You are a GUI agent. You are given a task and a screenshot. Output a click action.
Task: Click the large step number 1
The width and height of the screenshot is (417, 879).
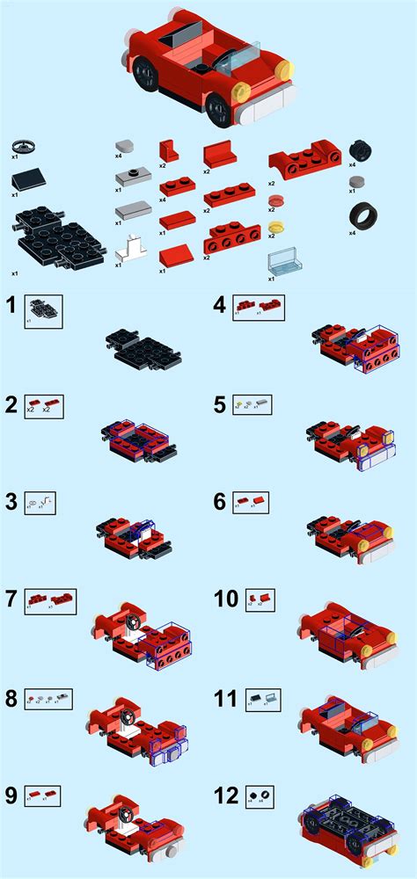[x=11, y=306]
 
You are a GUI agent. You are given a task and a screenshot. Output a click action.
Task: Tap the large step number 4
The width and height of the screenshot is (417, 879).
[x=221, y=306]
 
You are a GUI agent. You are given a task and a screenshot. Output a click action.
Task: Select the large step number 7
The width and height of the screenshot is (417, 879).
[x=11, y=600]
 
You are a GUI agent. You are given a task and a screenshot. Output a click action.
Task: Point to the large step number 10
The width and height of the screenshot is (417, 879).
[x=226, y=599]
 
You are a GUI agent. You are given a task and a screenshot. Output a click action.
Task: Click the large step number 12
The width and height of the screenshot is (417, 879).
[x=226, y=796]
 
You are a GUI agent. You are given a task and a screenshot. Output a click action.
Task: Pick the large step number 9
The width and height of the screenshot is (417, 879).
[x=11, y=796]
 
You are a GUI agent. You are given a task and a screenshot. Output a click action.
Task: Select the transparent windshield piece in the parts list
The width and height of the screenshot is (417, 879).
[x=282, y=263]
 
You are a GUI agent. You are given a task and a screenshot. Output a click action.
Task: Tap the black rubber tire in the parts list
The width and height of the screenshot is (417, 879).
[x=362, y=216]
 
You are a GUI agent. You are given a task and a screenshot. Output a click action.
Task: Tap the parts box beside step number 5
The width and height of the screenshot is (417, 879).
[x=252, y=404]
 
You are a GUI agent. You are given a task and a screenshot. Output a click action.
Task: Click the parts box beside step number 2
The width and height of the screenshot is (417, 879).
[x=43, y=405]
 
